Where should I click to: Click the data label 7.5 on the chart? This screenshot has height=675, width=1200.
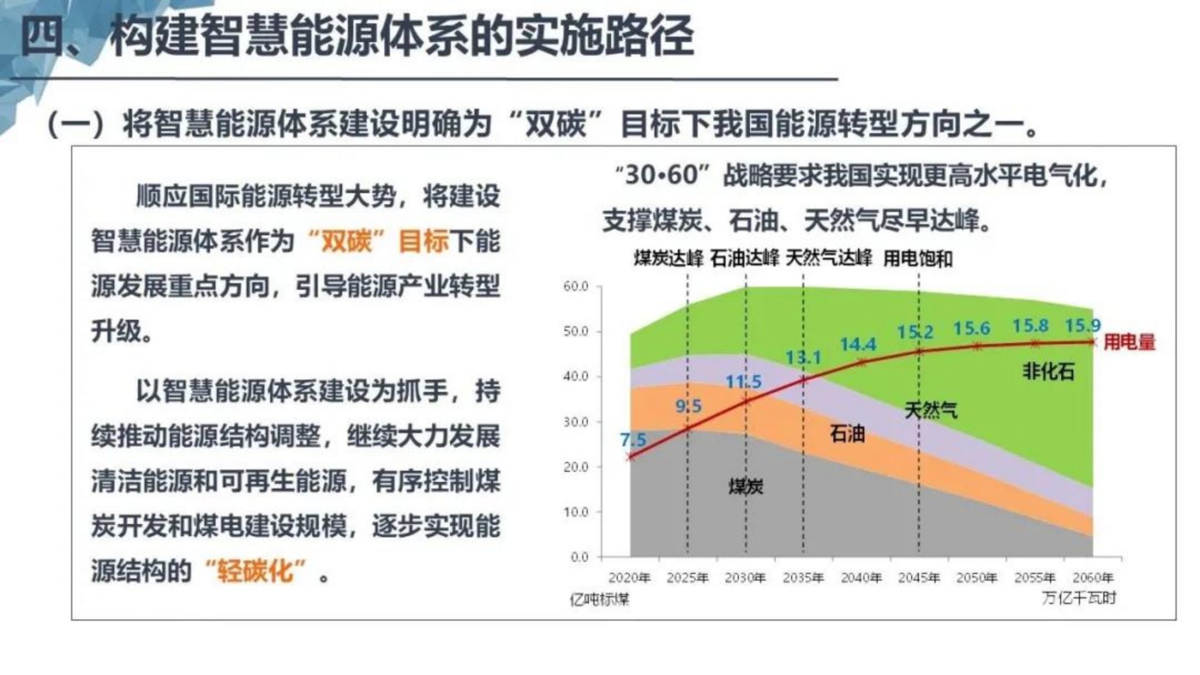pos(633,439)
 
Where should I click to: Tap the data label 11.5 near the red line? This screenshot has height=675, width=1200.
pos(743,382)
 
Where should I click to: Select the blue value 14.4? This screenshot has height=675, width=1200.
pos(858,344)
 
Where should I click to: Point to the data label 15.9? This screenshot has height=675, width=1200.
pos(1082,325)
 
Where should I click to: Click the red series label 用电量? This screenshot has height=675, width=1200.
pos(1129,342)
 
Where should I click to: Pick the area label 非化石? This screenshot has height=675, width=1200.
pos(1048,371)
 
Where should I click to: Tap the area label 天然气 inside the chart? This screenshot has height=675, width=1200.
pos(930,410)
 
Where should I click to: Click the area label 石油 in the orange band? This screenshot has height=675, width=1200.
pos(847,434)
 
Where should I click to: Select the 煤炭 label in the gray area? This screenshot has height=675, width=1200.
pos(745,486)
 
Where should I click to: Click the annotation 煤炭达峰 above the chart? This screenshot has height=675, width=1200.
pos(668,258)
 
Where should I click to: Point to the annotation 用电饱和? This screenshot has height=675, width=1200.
pos(918,258)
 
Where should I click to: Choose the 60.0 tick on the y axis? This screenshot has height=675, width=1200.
pos(575,286)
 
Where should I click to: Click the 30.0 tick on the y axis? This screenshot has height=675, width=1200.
pos(575,422)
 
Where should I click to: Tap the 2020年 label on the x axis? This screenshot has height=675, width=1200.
pos(629,578)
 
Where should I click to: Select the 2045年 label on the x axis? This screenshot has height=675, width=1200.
pos(919,578)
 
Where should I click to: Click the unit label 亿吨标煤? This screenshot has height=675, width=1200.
pos(599,599)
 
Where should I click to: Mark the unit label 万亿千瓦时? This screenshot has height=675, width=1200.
pos(1079,598)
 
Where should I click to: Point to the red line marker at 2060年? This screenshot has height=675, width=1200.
pos(1092,342)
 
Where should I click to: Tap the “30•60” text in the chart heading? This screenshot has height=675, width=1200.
pos(662,175)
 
